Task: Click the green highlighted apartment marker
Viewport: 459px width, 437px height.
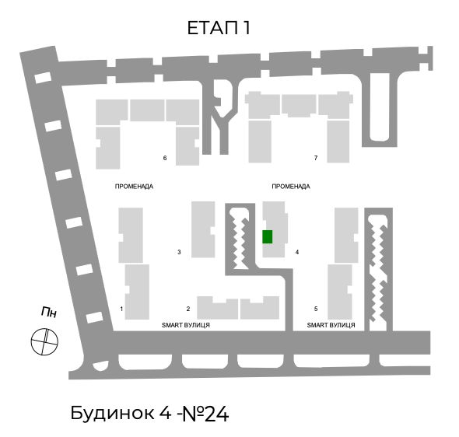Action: point(268,236)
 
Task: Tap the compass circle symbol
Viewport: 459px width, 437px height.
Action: point(44,341)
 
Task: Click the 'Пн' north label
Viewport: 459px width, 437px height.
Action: point(48,312)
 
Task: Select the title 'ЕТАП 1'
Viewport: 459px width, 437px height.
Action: point(219,28)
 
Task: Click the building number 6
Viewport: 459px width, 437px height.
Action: point(165,158)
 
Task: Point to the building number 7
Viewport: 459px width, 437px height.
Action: point(316,158)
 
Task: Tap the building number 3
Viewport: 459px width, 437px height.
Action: point(179,252)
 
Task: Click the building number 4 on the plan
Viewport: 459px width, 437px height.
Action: point(297,252)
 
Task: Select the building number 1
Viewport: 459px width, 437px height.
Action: point(121,309)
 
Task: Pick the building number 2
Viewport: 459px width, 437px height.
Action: point(188,309)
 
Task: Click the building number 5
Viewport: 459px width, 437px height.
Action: point(316,309)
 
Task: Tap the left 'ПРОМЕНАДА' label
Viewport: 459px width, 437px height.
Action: point(134,187)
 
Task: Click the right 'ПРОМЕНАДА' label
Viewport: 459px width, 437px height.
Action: point(291,187)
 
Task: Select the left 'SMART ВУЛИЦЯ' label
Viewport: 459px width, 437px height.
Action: point(186,325)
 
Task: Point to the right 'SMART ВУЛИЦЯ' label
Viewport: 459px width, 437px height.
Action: point(331,325)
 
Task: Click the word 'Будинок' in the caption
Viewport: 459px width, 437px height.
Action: point(112,414)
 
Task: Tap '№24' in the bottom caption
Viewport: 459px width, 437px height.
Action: point(205,414)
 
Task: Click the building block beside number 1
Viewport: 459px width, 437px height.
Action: point(137,292)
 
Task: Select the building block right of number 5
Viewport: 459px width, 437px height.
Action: point(340,292)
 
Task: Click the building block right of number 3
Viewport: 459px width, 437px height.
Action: point(203,229)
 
